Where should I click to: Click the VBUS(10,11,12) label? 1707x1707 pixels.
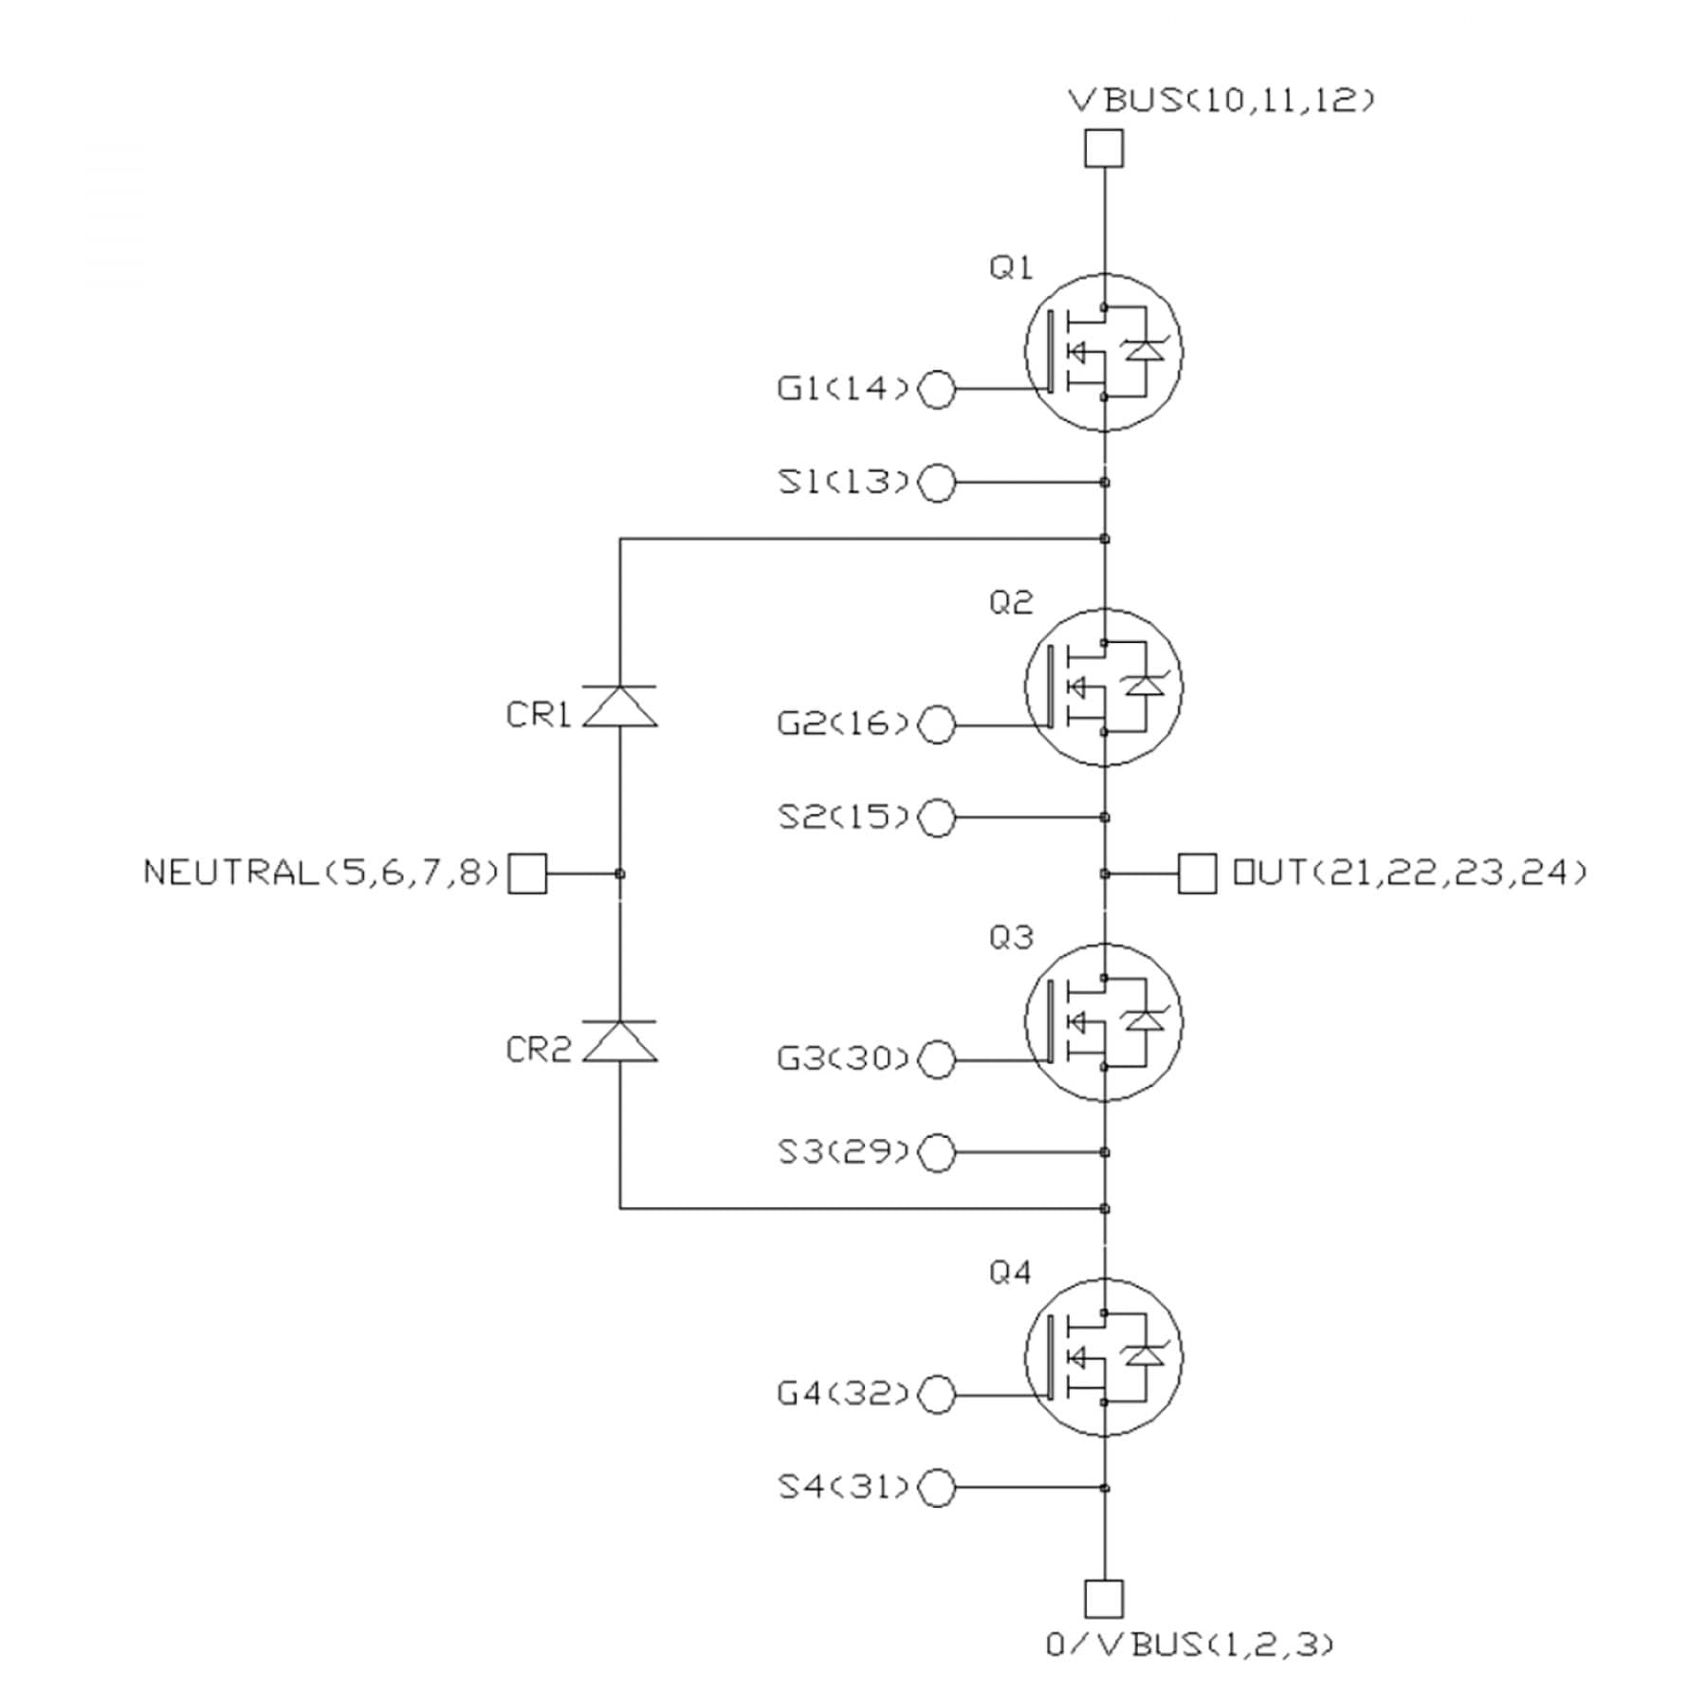[x=1221, y=100]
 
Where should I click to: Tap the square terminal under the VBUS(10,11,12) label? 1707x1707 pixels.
[x=1104, y=149]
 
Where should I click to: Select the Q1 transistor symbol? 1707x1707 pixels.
[x=1104, y=352]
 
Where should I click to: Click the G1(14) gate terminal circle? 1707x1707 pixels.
[x=938, y=389]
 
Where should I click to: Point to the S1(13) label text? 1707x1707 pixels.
[x=843, y=482]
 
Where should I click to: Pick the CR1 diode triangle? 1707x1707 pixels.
[x=619, y=707]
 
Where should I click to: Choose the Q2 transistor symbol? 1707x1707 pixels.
[x=1104, y=687]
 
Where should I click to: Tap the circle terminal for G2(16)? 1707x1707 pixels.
[x=938, y=725]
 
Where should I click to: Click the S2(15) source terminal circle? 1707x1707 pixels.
[x=938, y=817]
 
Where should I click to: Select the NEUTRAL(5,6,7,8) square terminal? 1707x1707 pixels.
[x=527, y=873]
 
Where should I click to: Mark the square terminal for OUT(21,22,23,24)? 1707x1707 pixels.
[x=1197, y=873]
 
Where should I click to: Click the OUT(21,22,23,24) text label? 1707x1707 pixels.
[x=1408, y=872]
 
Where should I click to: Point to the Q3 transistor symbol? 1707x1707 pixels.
[x=1104, y=1022]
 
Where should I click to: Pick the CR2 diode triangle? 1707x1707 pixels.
[x=619, y=1041]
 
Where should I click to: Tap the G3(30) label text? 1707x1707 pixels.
[x=843, y=1058]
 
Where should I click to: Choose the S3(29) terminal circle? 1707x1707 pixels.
[x=938, y=1152]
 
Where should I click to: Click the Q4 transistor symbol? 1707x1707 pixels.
[x=1104, y=1357]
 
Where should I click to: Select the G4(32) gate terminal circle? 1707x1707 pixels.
[x=938, y=1395]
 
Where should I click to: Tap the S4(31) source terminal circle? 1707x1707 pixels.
[x=938, y=1488]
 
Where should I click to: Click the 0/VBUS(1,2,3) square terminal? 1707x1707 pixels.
[x=1104, y=1599]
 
